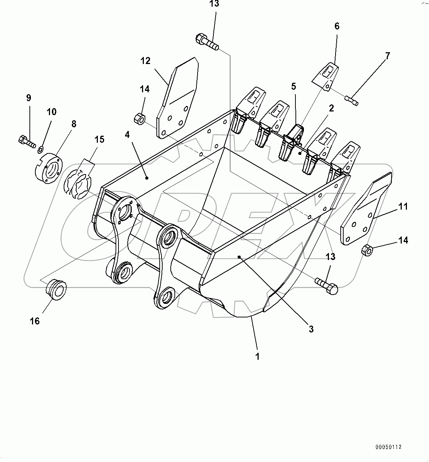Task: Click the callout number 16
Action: point(35,321)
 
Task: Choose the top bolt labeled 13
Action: point(207,42)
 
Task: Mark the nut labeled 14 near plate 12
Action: point(139,118)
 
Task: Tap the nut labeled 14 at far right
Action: point(367,250)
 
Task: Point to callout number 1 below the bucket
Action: point(258,356)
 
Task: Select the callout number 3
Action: point(311,329)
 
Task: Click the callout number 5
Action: point(294,86)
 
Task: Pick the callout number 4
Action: point(127,135)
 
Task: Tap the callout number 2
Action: point(331,108)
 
